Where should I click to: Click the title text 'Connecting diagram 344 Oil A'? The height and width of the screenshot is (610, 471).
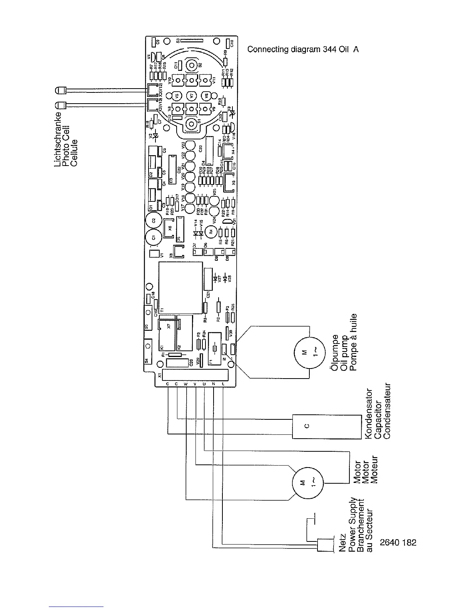303,50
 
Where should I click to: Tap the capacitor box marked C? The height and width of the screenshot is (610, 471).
326,426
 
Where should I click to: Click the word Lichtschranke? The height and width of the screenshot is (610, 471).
58,140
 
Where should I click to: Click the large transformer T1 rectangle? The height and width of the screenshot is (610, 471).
180,288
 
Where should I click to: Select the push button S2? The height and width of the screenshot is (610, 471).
192,64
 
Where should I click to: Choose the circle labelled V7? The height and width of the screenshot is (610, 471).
191,95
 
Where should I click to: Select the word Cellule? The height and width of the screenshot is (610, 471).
75,153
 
